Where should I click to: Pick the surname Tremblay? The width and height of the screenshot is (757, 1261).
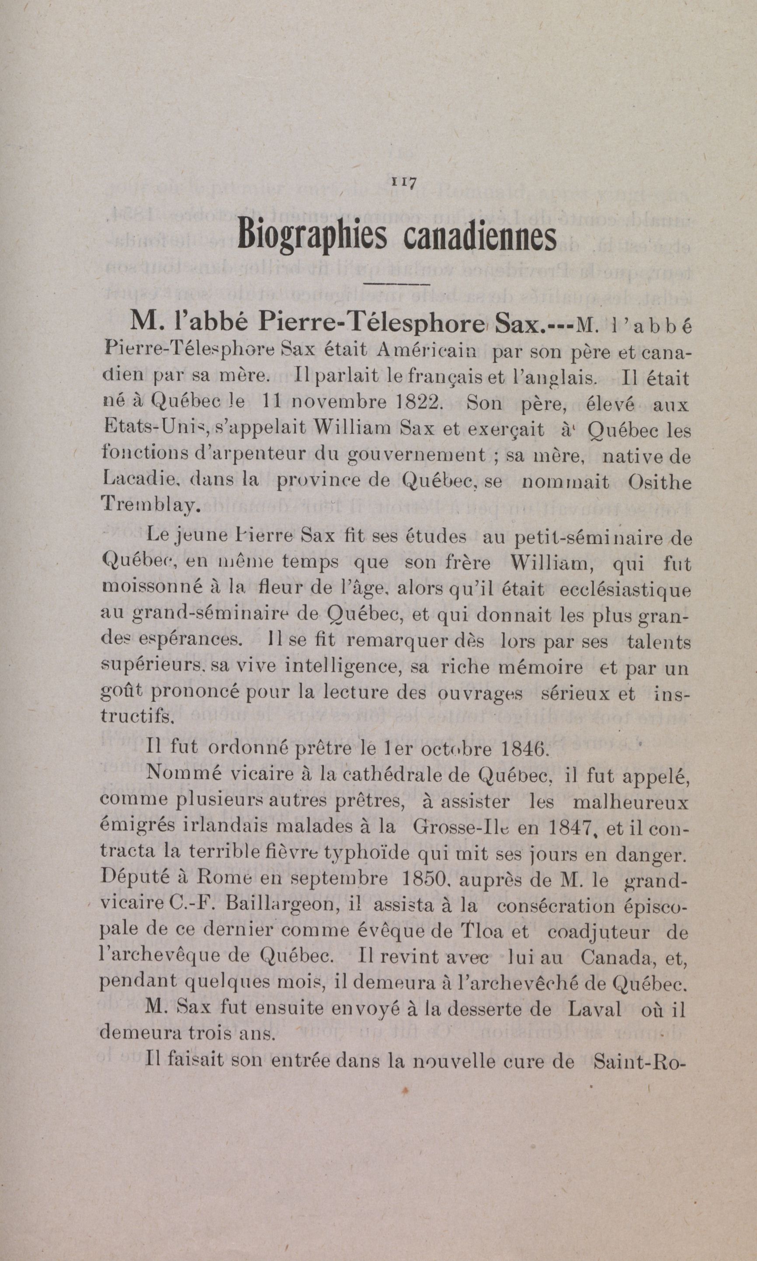[147, 504]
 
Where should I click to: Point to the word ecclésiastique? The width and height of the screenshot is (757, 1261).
[625, 590]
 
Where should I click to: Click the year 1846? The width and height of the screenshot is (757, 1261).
[525, 749]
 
